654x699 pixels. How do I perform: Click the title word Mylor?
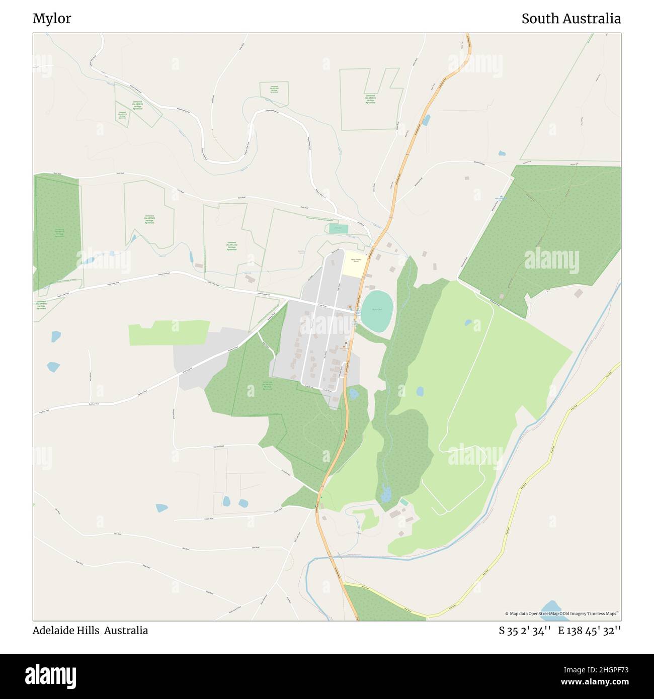point(52,19)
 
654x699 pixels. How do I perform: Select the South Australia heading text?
point(570,19)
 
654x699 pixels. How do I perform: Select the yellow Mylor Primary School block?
point(356,265)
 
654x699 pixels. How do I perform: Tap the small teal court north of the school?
point(339,229)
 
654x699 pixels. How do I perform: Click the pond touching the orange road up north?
point(427,120)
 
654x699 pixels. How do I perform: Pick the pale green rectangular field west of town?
point(169,332)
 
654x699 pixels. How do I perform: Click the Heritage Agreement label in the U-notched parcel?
point(370,99)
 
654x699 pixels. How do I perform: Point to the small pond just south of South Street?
point(354,394)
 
